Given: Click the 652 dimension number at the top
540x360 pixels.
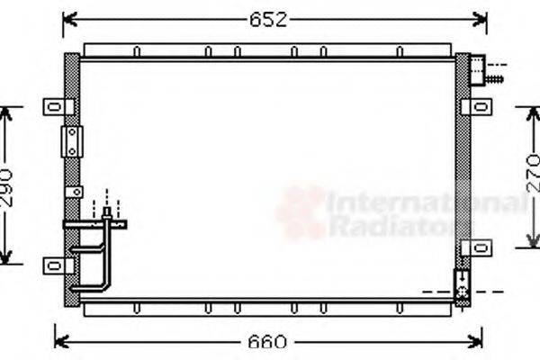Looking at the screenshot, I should (268, 21).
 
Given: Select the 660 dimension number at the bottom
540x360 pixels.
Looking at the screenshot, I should (268, 343).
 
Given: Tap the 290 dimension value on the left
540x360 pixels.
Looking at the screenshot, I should (8, 186).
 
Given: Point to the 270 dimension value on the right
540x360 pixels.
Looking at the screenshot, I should (533, 175).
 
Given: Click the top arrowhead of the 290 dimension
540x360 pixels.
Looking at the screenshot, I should (8, 112).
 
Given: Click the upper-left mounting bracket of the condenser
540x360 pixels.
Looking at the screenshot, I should (58, 107).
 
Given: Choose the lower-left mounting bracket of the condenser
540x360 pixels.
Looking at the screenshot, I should (58, 265).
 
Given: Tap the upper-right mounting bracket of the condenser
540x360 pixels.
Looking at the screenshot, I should (477, 107).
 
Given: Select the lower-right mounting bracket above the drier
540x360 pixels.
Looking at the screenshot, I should (475, 248).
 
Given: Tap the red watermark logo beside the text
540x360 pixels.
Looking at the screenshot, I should (301, 213).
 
